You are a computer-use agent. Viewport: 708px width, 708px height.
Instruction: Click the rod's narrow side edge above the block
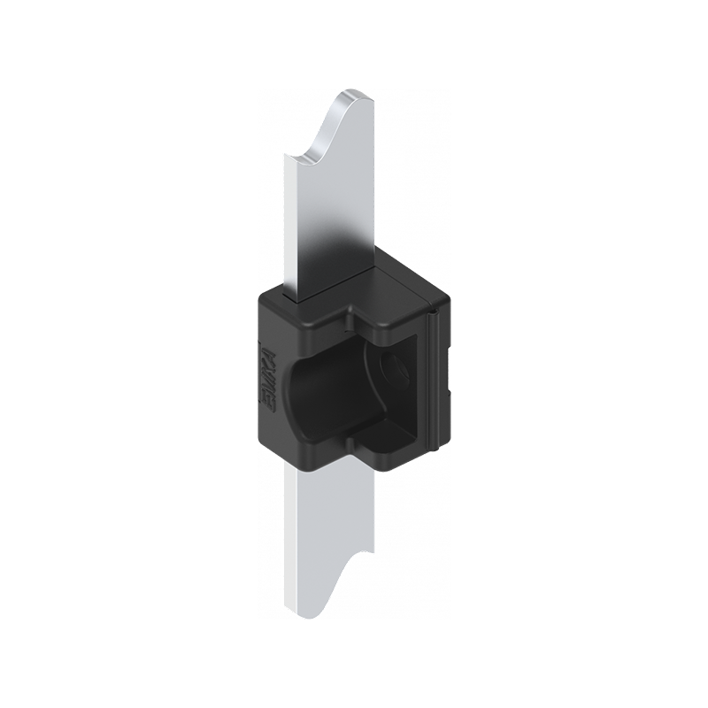coord(290,221)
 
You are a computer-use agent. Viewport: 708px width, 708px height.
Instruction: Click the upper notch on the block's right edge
coord(447,327)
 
